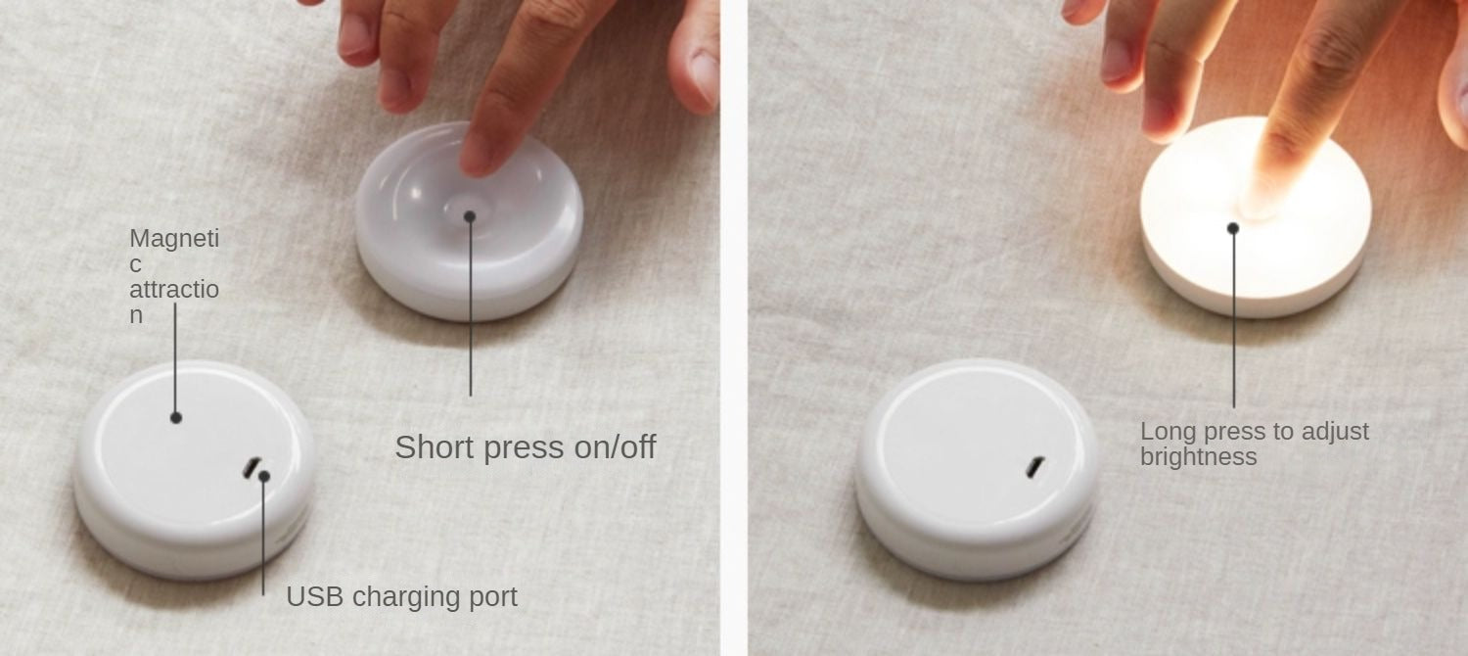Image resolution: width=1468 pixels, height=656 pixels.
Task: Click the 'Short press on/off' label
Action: coord(525,447)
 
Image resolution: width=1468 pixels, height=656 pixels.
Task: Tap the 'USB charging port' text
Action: coord(401,597)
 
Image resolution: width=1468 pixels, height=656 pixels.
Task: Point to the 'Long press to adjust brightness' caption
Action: coord(1255,444)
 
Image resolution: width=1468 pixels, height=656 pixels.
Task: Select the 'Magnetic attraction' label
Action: coord(173,276)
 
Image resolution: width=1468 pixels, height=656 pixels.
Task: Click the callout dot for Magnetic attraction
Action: coord(175,417)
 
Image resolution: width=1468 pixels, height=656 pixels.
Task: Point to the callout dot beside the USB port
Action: coord(264,477)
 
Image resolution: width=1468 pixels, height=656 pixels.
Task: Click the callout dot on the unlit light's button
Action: coord(470,216)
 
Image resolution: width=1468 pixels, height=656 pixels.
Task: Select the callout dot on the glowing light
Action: coord(1233,228)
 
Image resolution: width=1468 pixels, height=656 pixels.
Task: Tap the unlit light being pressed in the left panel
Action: coord(469,223)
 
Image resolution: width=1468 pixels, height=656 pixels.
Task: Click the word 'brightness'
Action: coord(1199,457)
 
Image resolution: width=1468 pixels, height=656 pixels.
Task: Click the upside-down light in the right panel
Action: coord(977,469)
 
